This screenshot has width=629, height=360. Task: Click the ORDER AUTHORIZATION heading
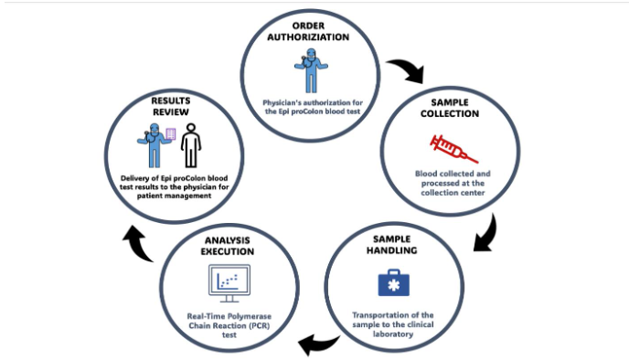pyautogui.click(x=313, y=33)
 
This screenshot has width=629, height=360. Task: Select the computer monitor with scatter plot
pyautogui.click(x=229, y=281)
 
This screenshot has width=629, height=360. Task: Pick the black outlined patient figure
pyautogui.click(x=189, y=143)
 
